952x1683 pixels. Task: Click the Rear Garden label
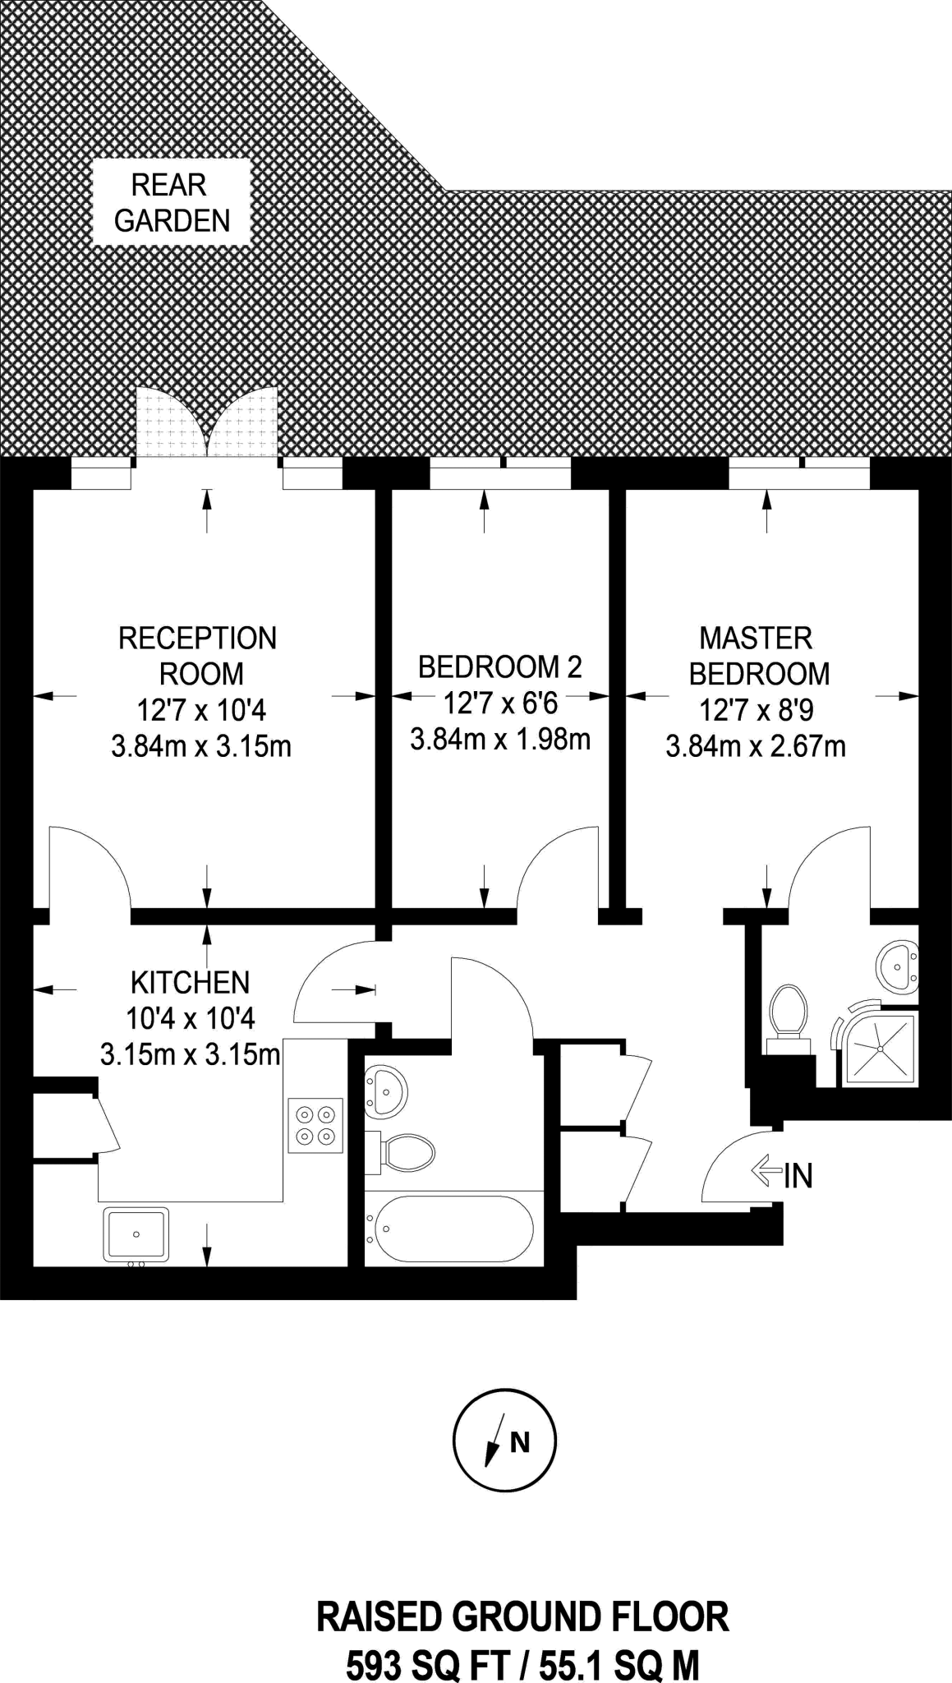172,203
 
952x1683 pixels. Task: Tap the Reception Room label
198,656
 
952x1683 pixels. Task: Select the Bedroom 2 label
500,666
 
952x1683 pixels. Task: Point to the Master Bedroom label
759,656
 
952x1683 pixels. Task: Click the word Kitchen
191,983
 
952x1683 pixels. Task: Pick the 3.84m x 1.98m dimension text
500,740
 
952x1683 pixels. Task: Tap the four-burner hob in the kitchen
315,1125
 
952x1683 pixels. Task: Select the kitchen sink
136,1234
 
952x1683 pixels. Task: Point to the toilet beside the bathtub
400,1153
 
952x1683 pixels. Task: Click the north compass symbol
504,1440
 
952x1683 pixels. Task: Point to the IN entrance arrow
766,1170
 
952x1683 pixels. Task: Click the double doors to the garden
207,421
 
